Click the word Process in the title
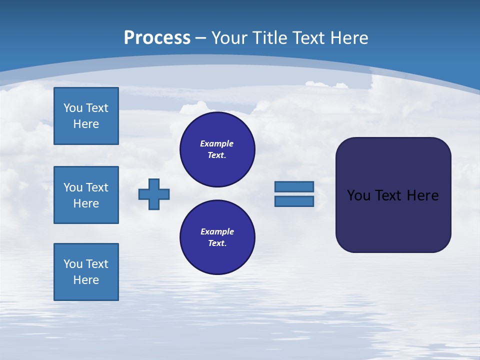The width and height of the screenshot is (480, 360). (x=157, y=37)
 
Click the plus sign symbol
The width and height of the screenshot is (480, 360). (x=154, y=194)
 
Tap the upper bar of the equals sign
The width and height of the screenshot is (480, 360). (x=294, y=186)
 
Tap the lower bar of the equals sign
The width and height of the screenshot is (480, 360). (x=294, y=201)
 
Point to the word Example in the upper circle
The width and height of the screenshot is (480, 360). (x=217, y=143)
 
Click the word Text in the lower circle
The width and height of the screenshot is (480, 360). (x=217, y=243)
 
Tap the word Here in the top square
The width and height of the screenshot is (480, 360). (x=86, y=124)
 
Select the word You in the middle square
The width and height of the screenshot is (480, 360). (x=73, y=187)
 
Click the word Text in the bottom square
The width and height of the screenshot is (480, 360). (x=97, y=264)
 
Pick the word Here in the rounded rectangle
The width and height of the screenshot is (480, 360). (x=422, y=195)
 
